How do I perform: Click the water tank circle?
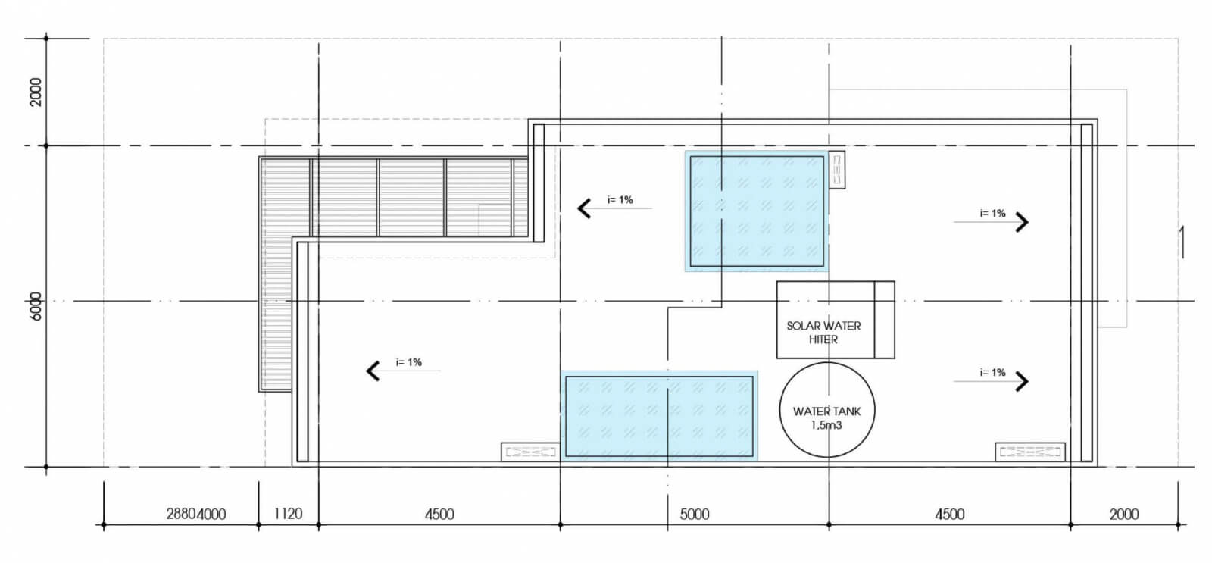pos(780,410)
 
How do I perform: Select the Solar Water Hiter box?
pos(777,320)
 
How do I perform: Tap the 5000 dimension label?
pos(694,514)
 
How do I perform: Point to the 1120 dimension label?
pos(288,513)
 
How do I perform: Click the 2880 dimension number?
pos(181,514)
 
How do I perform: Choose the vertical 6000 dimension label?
pos(36,306)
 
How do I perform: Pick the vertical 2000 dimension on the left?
pos(36,92)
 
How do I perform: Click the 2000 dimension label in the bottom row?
pos(1124,514)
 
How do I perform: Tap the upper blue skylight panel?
pos(757,211)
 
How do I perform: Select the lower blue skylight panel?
pos(660,416)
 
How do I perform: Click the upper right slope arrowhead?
pos(1022,222)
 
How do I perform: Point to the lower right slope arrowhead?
pos(1022,381)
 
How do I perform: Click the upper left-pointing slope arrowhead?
pos(584,208)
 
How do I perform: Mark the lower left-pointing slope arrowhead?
pos(373,371)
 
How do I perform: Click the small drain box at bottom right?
pos(1030,452)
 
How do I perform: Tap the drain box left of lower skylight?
pos(530,452)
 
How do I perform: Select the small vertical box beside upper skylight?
pos(837,170)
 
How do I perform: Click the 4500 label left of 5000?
pos(439,514)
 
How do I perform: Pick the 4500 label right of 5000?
pos(950,514)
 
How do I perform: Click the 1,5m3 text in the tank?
pos(826,426)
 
